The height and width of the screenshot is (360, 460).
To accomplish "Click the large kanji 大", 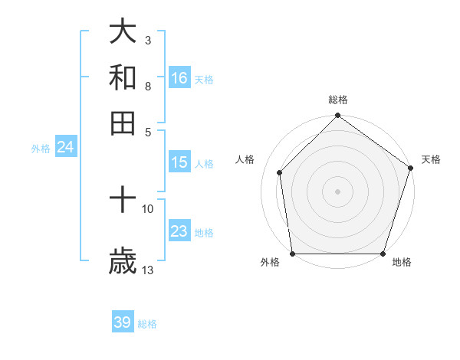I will pos(123,31).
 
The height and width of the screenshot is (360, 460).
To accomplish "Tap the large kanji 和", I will pos(123,77).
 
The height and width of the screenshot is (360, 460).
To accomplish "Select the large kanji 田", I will pos(123,122).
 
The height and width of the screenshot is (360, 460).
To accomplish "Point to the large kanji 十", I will pos(123,201).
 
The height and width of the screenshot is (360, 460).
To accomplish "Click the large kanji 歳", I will pos(123,260).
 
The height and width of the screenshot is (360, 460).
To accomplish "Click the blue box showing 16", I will pos(179,78).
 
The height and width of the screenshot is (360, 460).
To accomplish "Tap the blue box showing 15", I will pos(179,162).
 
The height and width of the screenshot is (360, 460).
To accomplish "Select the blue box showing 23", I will pos(179,232).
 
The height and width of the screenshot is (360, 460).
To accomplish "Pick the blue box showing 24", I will pos(65,148).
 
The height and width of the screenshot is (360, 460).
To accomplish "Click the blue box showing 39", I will pos(123,322).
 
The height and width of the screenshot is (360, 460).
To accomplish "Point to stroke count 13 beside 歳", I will pos(148,270).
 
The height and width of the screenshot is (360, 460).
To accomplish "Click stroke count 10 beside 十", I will pos(148,208).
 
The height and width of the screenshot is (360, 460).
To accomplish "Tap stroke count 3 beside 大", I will pos(148,39).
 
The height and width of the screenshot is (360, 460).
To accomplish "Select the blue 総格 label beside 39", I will pos(148,324).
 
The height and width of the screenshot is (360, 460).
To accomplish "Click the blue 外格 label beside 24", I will pos(40,149).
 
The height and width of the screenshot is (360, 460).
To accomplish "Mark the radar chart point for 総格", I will pos(337,116).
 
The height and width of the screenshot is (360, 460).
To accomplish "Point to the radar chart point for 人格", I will pos(280,172).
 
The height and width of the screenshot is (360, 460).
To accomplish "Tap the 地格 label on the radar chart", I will pos(402,263).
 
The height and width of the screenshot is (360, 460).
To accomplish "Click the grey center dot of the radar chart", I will pos(337,191).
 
